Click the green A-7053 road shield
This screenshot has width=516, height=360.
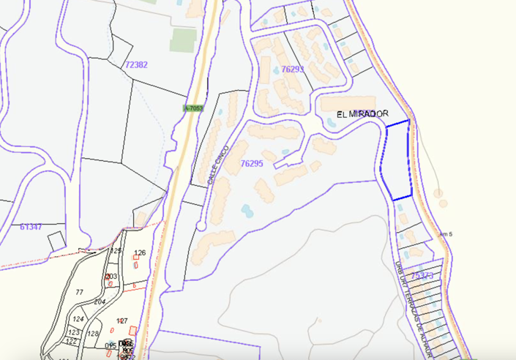192,108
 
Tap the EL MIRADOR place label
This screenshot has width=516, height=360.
362,114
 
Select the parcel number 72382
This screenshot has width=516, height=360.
136,65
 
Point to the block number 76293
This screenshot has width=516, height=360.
292,69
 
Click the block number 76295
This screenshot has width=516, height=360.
251,164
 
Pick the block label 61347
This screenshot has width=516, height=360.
31,227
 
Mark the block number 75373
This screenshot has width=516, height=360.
422,275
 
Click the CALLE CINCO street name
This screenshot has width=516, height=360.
219,165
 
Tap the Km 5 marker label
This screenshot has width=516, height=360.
446,234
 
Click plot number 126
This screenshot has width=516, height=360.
141,253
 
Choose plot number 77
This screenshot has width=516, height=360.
80,292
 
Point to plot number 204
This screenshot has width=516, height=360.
100,301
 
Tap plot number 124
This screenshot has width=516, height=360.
78,319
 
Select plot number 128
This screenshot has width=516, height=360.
93,334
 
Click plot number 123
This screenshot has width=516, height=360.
73,332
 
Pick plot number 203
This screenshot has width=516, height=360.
111,276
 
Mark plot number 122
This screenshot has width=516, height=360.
72,341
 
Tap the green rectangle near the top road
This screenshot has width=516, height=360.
183,40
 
